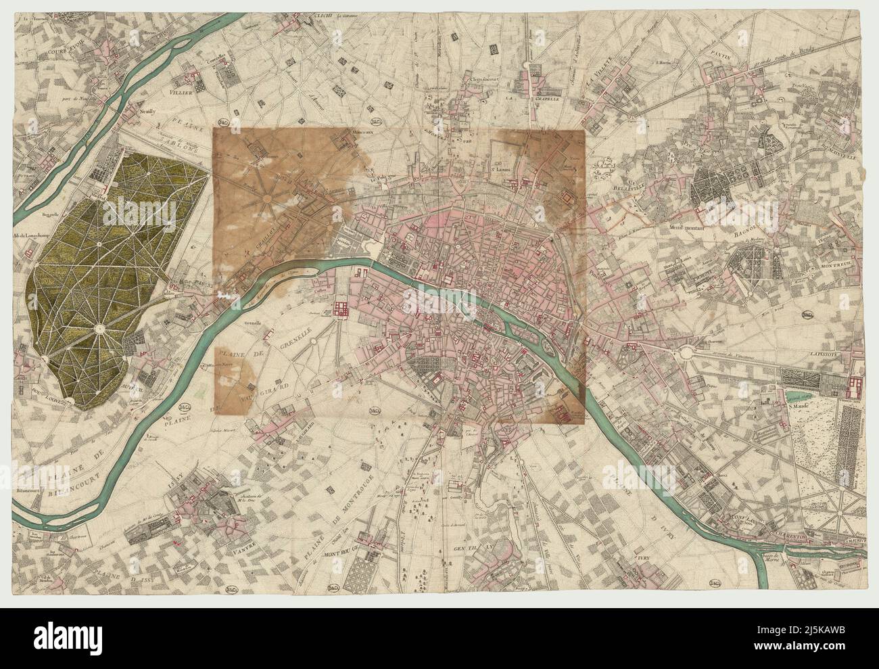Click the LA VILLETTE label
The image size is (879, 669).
tap(598, 69)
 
